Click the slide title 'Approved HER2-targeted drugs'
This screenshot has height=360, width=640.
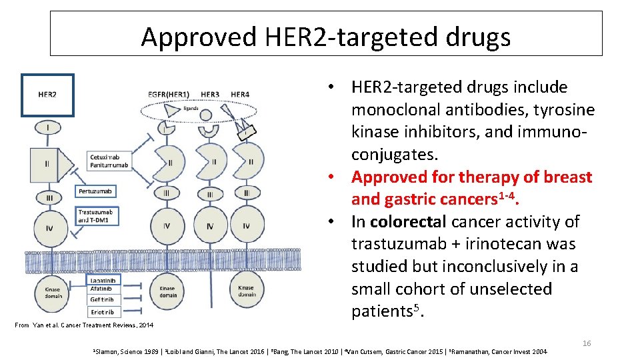pyautogui.click(x=325, y=36)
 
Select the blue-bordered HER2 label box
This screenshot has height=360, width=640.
pyautogui.click(x=47, y=95)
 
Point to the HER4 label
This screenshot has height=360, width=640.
pyautogui.click(x=240, y=95)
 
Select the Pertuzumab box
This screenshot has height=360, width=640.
pyautogui.click(x=95, y=191)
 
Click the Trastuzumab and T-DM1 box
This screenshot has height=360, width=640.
pyautogui.click(x=97, y=216)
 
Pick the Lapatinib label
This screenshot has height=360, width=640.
pyautogui.click(x=102, y=281)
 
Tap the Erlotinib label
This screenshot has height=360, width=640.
pyautogui.click(x=102, y=312)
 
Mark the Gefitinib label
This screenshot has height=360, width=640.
pyautogui.click(x=102, y=300)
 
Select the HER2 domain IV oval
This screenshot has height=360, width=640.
pyautogui.click(x=49, y=228)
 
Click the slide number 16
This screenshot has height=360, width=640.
pyautogui.click(x=587, y=343)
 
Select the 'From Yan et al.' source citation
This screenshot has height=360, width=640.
pyautogui.click(x=83, y=325)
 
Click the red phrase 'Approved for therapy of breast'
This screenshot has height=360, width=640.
pyautogui.click(x=471, y=177)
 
